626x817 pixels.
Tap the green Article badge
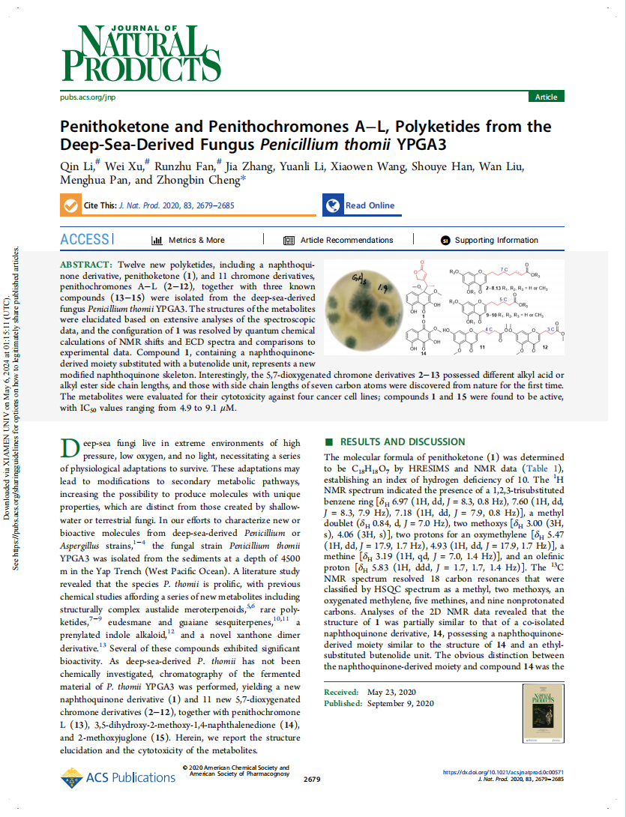click(546, 97)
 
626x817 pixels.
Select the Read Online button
click(360, 205)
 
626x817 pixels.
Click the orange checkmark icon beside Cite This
click(70, 205)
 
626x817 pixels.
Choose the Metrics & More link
click(188, 241)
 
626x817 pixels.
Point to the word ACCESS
click(84, 240)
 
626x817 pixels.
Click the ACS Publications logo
click(118, 777)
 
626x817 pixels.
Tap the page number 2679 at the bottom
click(312, 780)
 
